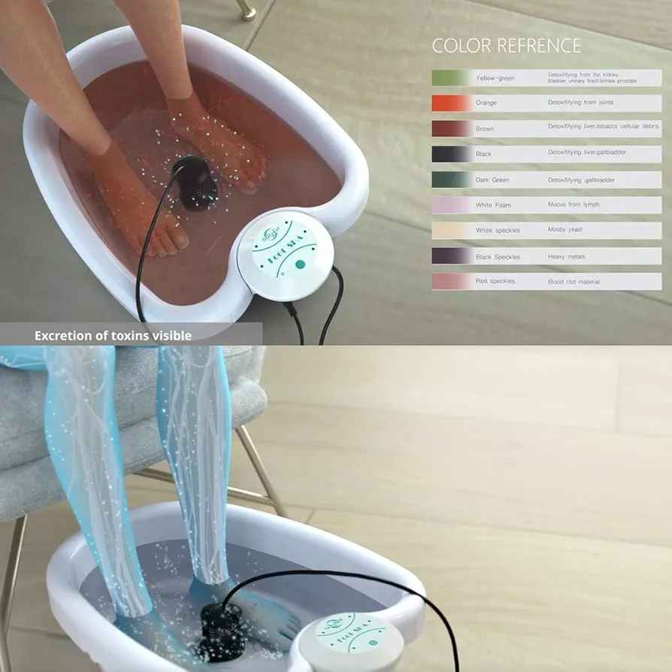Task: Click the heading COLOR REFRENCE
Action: click(x=506, y=45)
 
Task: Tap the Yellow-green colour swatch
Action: click(x=450, y=77)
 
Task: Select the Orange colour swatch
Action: click(x=450, y=103)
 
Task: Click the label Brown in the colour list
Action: click(x=485, y=129)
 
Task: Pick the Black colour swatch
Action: click(x=450, y=154)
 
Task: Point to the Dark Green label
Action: click(x=492, y=180)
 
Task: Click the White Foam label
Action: click(x=494, y=205)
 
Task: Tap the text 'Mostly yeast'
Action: click(x=565, y=229)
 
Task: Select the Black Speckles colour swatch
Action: click(x=450, y=256)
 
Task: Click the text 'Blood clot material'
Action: click(x=574, y=281)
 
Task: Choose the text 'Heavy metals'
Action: click(x=567, y=256)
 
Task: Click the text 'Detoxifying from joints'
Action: click(x=575, y=101)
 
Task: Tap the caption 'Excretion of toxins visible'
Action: click(x=113, y=335)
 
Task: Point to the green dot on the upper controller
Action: click(x=299, y=264)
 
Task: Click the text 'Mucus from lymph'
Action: click(x=574, y=204)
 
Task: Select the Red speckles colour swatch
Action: click(x=450, y=281)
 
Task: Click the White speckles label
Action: click(x=497, y=230)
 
